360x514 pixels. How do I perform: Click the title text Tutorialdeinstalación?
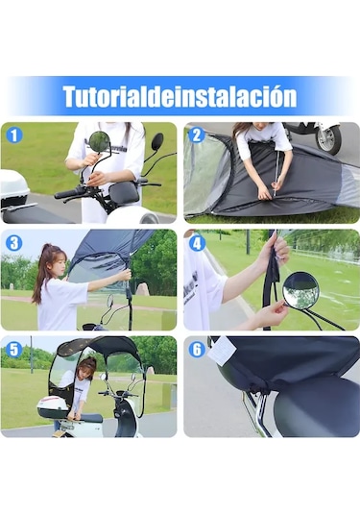click(180, 96)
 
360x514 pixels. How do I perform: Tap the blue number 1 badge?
click(14, 135)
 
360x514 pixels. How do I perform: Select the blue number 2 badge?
click(197, 135)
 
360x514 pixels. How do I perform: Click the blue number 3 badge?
click(14, 243)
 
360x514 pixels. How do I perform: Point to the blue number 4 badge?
click(197, 243)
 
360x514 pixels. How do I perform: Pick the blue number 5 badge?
click(14, 350)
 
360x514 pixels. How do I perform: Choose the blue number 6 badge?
click(197, 350)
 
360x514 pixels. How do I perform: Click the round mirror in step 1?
click(99, 141)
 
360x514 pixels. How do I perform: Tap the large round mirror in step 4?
click(301, 290)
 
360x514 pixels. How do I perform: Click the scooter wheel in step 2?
click(328, 138)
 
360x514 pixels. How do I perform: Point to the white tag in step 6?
click(222, 351)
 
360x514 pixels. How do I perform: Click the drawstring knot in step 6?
click(260, 387)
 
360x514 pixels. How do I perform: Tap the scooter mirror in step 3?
click(110, 301)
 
